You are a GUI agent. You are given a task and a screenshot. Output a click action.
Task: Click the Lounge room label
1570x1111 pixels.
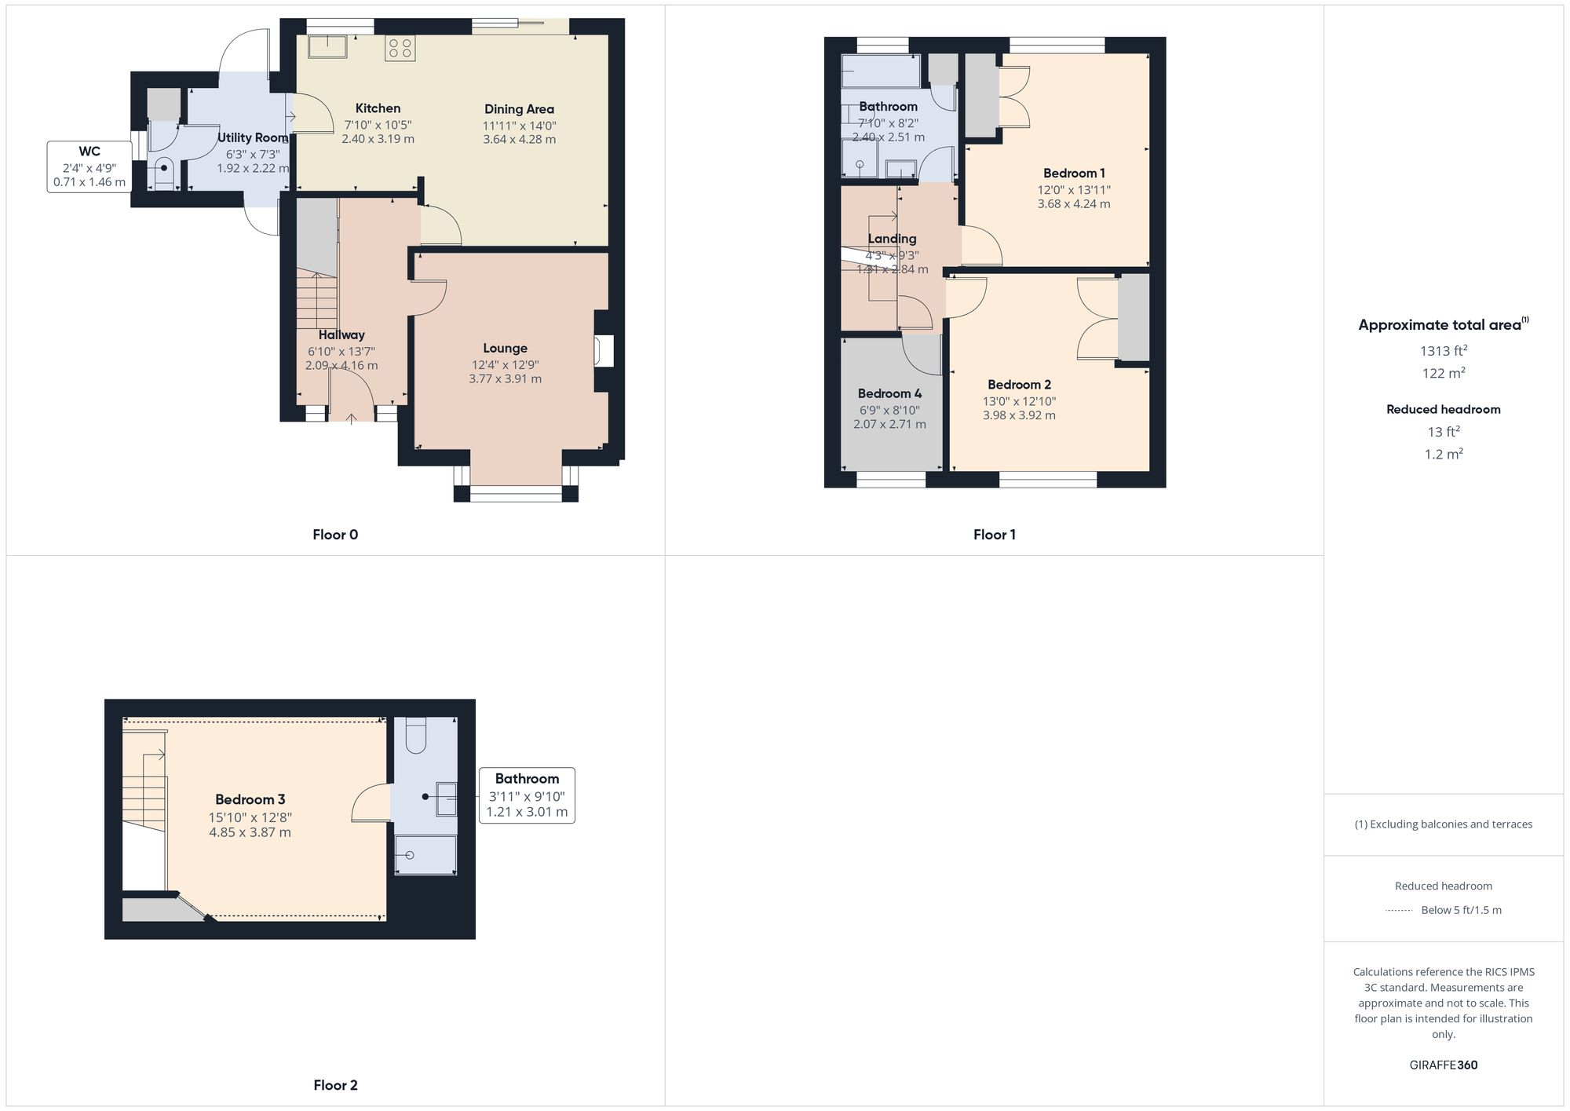pyautogui.click(x=505, y=348)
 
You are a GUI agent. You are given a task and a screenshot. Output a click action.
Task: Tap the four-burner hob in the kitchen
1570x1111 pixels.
pyautogui.click(x=400, y=48)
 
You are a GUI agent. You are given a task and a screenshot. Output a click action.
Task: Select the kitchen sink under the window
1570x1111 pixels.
pyautogui.click(x=327, y=46)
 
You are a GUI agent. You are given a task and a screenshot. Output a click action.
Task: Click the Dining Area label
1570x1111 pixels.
pyautogui.click(x=519, y=109)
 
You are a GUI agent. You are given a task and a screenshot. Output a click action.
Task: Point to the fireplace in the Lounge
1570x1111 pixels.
pyautogui.click(x=603, y=351)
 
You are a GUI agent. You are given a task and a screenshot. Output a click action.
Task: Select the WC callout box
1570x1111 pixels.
pyautogui.click(x=89, y=166)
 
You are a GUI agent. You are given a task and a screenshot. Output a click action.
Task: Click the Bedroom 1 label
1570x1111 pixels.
pyautogui.click(x=1074, y=173)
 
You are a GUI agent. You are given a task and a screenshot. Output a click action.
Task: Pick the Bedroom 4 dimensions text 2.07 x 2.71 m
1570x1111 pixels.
pyautogui.click(x=889, y=424)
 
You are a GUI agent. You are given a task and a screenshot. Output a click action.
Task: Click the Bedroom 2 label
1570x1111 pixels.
pyautogui.click(x=1019, y=384)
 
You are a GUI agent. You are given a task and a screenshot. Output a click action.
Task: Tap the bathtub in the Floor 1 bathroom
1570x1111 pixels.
pyautogui.click(x=880, y=71)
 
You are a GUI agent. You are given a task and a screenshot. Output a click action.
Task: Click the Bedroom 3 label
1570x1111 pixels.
pyautogui.click(x=250, y=799)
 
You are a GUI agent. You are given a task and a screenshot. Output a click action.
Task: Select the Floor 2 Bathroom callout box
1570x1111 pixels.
pyautogui.click(x=527, y=795)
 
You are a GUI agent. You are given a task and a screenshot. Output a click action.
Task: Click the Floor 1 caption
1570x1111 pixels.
pyautogui.click(x=994, y=535)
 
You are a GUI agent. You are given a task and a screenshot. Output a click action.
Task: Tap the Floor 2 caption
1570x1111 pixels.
pyautogui.click(x=335, y=1085)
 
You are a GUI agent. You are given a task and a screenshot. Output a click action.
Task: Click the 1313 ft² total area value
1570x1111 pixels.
pyautogui.click(x=1443, y=351)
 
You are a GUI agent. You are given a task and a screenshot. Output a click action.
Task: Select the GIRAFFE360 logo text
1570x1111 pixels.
pyautogui.click(x=1443, y=1065)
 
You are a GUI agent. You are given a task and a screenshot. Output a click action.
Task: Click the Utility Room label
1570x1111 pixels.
pyautogui.click(x=253, y=137)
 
